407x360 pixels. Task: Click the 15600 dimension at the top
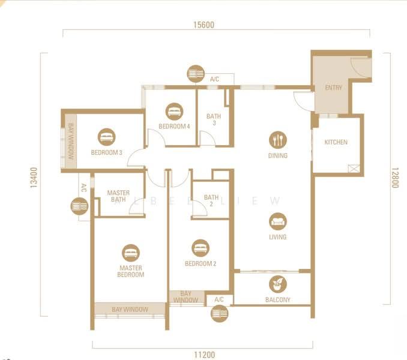tap(203, 25)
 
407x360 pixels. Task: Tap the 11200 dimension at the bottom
tap(205, 355)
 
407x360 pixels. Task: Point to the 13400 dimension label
tap(34, 178)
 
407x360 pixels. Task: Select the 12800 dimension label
tap(394, 178)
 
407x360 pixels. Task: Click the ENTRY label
tap(334, 88)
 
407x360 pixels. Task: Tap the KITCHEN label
tap(336, 142)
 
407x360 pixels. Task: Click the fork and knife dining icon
tap(278, 140)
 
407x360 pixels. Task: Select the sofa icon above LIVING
tap(278, 221)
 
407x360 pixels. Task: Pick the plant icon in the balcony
tap(278, 284)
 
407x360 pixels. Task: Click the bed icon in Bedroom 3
tap(107, 137)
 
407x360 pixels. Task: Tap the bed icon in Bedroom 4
tap(174, 112)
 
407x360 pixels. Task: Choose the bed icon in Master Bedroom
tap(131, 253)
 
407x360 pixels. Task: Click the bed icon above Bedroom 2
tap(200, 248)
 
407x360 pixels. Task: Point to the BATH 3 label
tap(214, 119)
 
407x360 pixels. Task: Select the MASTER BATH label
tap(118, 196)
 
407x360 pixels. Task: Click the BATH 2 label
tap(211, 200)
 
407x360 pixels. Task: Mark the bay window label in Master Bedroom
tap(130, 310)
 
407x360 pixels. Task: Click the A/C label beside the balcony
tap(219, 300)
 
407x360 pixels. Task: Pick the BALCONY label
tap(278, 300)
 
